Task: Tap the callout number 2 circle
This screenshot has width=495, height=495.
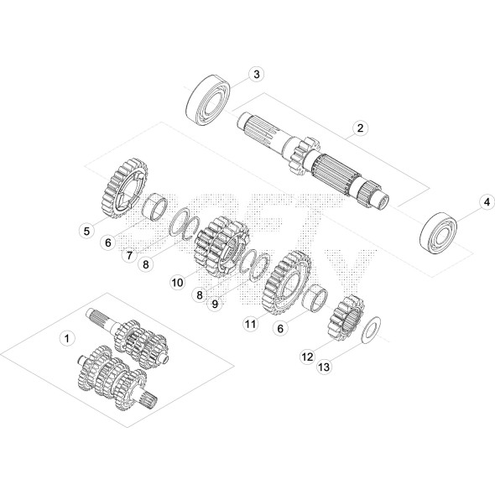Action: pyautogui.click(x=359, y=128)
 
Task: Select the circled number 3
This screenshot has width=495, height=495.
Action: pyautogui.click(x=257, y=74)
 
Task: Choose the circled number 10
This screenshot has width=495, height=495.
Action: pyautogui.click(x=177, y=283)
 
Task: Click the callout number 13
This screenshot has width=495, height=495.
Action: pyautogui.click(x=322, y=364)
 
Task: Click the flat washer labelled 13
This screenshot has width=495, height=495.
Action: pyautogui.click(x=370, y=330)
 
